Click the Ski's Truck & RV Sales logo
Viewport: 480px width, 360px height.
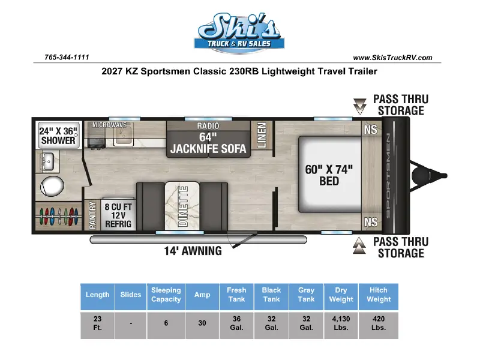coord(239,33)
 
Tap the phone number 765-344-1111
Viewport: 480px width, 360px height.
coord(67,57)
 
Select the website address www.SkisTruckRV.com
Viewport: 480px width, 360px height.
coord(392,58)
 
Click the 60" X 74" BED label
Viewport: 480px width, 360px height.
coord(329,175)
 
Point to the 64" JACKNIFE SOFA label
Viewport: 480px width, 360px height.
coord(208,143)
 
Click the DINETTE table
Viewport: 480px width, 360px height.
coord(182,206)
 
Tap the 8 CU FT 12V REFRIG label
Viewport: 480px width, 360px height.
coord(118,215)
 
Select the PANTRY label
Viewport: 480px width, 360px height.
coord(92,215)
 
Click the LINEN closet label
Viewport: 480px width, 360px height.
coord(262,136)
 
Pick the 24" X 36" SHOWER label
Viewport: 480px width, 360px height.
coord(58,136)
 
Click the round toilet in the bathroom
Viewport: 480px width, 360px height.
coord(52,185)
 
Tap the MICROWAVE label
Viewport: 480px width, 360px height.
coord(109,125)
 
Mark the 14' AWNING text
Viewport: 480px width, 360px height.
coord(193,251)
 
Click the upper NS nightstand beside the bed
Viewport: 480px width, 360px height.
coord(371,130)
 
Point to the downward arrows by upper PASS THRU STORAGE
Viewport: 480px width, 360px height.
coord(359,106)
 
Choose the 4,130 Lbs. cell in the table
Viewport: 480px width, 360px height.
coord(341,323)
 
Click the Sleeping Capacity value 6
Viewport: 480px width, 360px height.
coord(166,323)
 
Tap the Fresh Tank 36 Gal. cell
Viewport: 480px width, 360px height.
coord(236,323)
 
